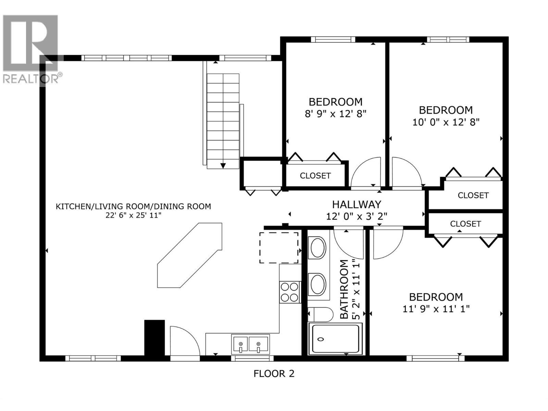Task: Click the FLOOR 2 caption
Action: pyautogui.click(x=274, y=373)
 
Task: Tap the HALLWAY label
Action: pyautogui.click(x=356, y=204)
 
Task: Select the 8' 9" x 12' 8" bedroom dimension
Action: pyautogui.click(x=336, y=114)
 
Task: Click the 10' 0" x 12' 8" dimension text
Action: pyautogui.click(x=446, y=122)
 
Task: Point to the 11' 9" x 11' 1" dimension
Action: pyautogui.click(x=436, y=309)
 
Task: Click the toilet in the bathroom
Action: pyautogui.click(x=321, y=314)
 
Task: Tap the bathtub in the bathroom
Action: pyautogui.click(x=335, y=339)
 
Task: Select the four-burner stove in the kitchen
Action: pyautogui.click(x=290, y=292)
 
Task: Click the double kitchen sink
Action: pyautogui.click(x=250, y=344)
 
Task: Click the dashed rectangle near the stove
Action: pyautogui.click(x=278, y=247)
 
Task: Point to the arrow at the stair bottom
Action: pyautogui.click(x=223, y=166)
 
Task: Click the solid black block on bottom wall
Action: pyautogui.click(x=154, y=338)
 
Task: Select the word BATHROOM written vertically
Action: pyautogui.click(x=344, y=289)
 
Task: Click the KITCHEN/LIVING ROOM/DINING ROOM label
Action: pyautogui.click(x=133, y=207)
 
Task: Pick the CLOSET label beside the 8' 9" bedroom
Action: pyautogui.click(x=315, y=176)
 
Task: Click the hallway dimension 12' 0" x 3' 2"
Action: pyautogui.click(x=356, y=216)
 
